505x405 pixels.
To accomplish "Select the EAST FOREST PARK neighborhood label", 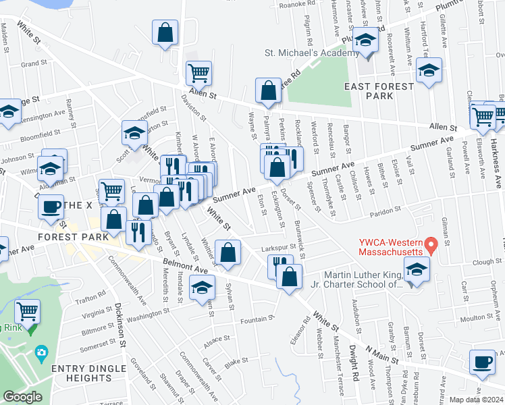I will (378, 91).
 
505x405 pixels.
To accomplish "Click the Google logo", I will (22, 396).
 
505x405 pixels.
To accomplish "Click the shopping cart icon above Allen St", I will (198, 73).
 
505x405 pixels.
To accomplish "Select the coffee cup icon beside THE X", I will (50, 207).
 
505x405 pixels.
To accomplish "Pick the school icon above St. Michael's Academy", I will (365, 40).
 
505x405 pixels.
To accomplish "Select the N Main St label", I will (382, 356).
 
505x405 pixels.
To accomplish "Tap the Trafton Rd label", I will (92, 295).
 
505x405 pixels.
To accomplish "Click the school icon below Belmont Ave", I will (201, 288).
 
